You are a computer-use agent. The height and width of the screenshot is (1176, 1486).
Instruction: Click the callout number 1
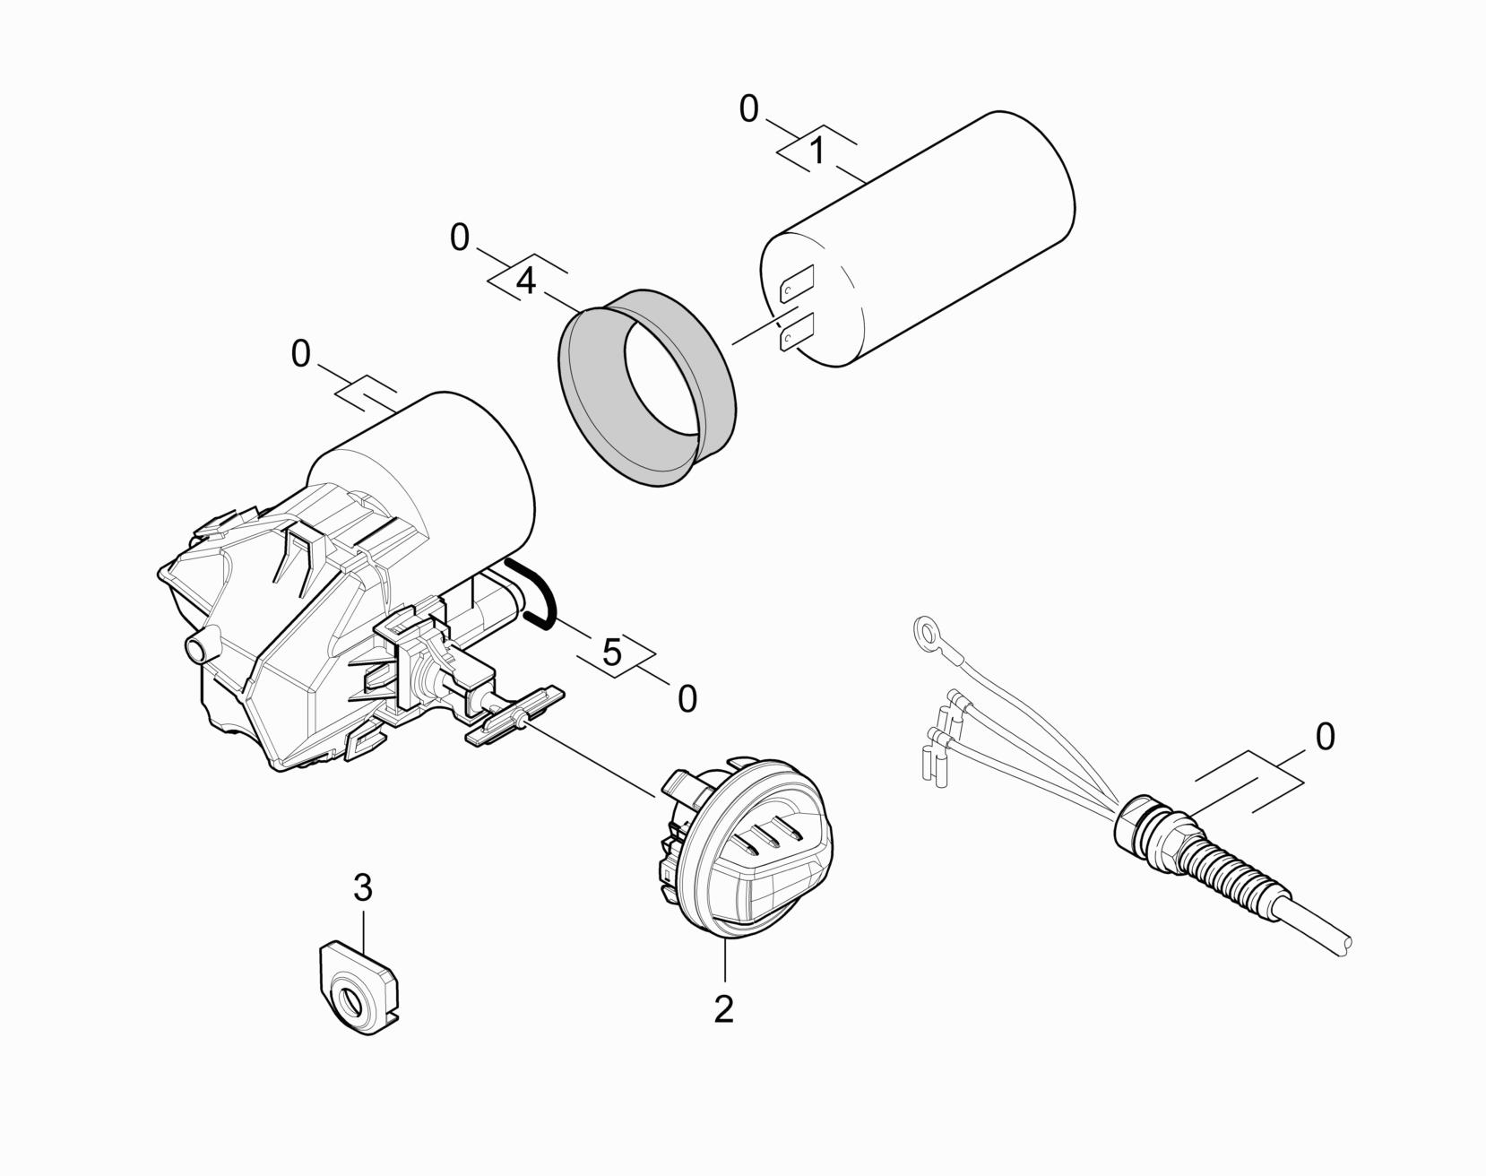(x=816, y=151)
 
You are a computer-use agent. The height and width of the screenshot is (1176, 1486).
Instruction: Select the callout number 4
(x=527, y=281)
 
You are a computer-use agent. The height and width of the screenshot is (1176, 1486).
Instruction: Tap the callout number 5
(x=612, y=653)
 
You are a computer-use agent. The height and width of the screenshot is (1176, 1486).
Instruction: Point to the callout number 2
(x=723, y=1008)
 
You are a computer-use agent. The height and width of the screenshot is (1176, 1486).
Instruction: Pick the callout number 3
(x=362, y=888)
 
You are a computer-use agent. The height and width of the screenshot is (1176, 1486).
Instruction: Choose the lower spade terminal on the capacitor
(x=797, y=332)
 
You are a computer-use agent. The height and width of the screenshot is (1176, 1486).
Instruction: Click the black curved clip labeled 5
(x=532, y=592)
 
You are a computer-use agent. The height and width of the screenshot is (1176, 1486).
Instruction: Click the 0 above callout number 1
(x=748, y=109)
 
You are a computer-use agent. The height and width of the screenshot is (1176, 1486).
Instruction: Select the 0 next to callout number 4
(x=459, y=238)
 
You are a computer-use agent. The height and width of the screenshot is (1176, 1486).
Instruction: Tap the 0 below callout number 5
(x=687, y=699)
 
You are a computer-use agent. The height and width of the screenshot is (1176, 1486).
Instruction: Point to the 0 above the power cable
(x=1325, y=737)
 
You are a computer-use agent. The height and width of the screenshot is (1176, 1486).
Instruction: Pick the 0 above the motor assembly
(x=301, y=355)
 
